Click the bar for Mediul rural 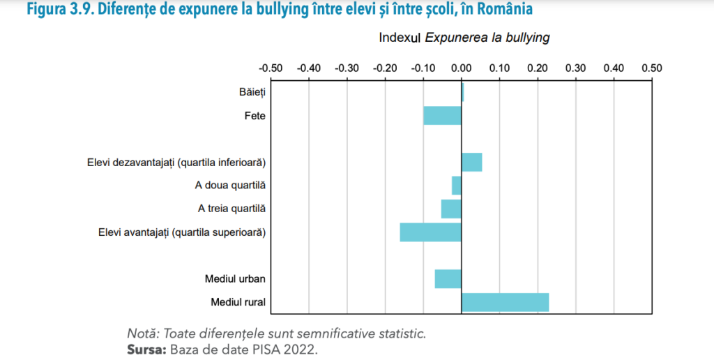coord(505,302)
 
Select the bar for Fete coord(442,116)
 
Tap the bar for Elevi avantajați coord(430,232)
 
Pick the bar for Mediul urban coord(448,279)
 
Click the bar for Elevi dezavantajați coord(471,163)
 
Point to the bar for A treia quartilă coord(451,209)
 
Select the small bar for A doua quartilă coord(457,186)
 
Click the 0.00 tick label coord(461,68)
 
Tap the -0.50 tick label coord(271,68)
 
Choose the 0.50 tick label coord(651,68)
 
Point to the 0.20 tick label coord(537,68)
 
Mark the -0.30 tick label coord(347,68)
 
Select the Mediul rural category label coord(238,302)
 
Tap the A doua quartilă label coord(230,186)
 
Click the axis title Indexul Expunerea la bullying coord(464,38)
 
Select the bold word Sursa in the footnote coord(144,348)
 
